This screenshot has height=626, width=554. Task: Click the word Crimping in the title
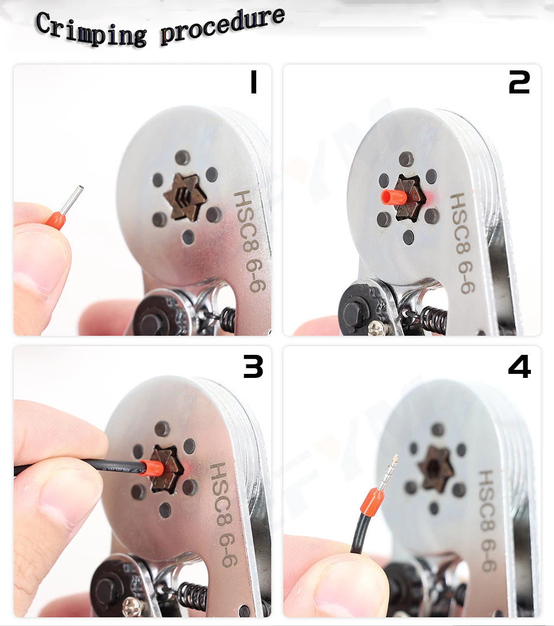click(91, 29)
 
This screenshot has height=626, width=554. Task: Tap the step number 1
click(253, 83)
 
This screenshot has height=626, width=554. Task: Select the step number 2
click(519, 83)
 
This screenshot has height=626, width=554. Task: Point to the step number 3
click(253, 366)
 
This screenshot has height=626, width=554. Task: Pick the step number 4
click(519, 366)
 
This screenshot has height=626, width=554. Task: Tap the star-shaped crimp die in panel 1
click(185, 197)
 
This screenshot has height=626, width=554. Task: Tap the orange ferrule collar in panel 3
click(152, 468)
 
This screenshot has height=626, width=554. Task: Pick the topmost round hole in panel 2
click(406, 159)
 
